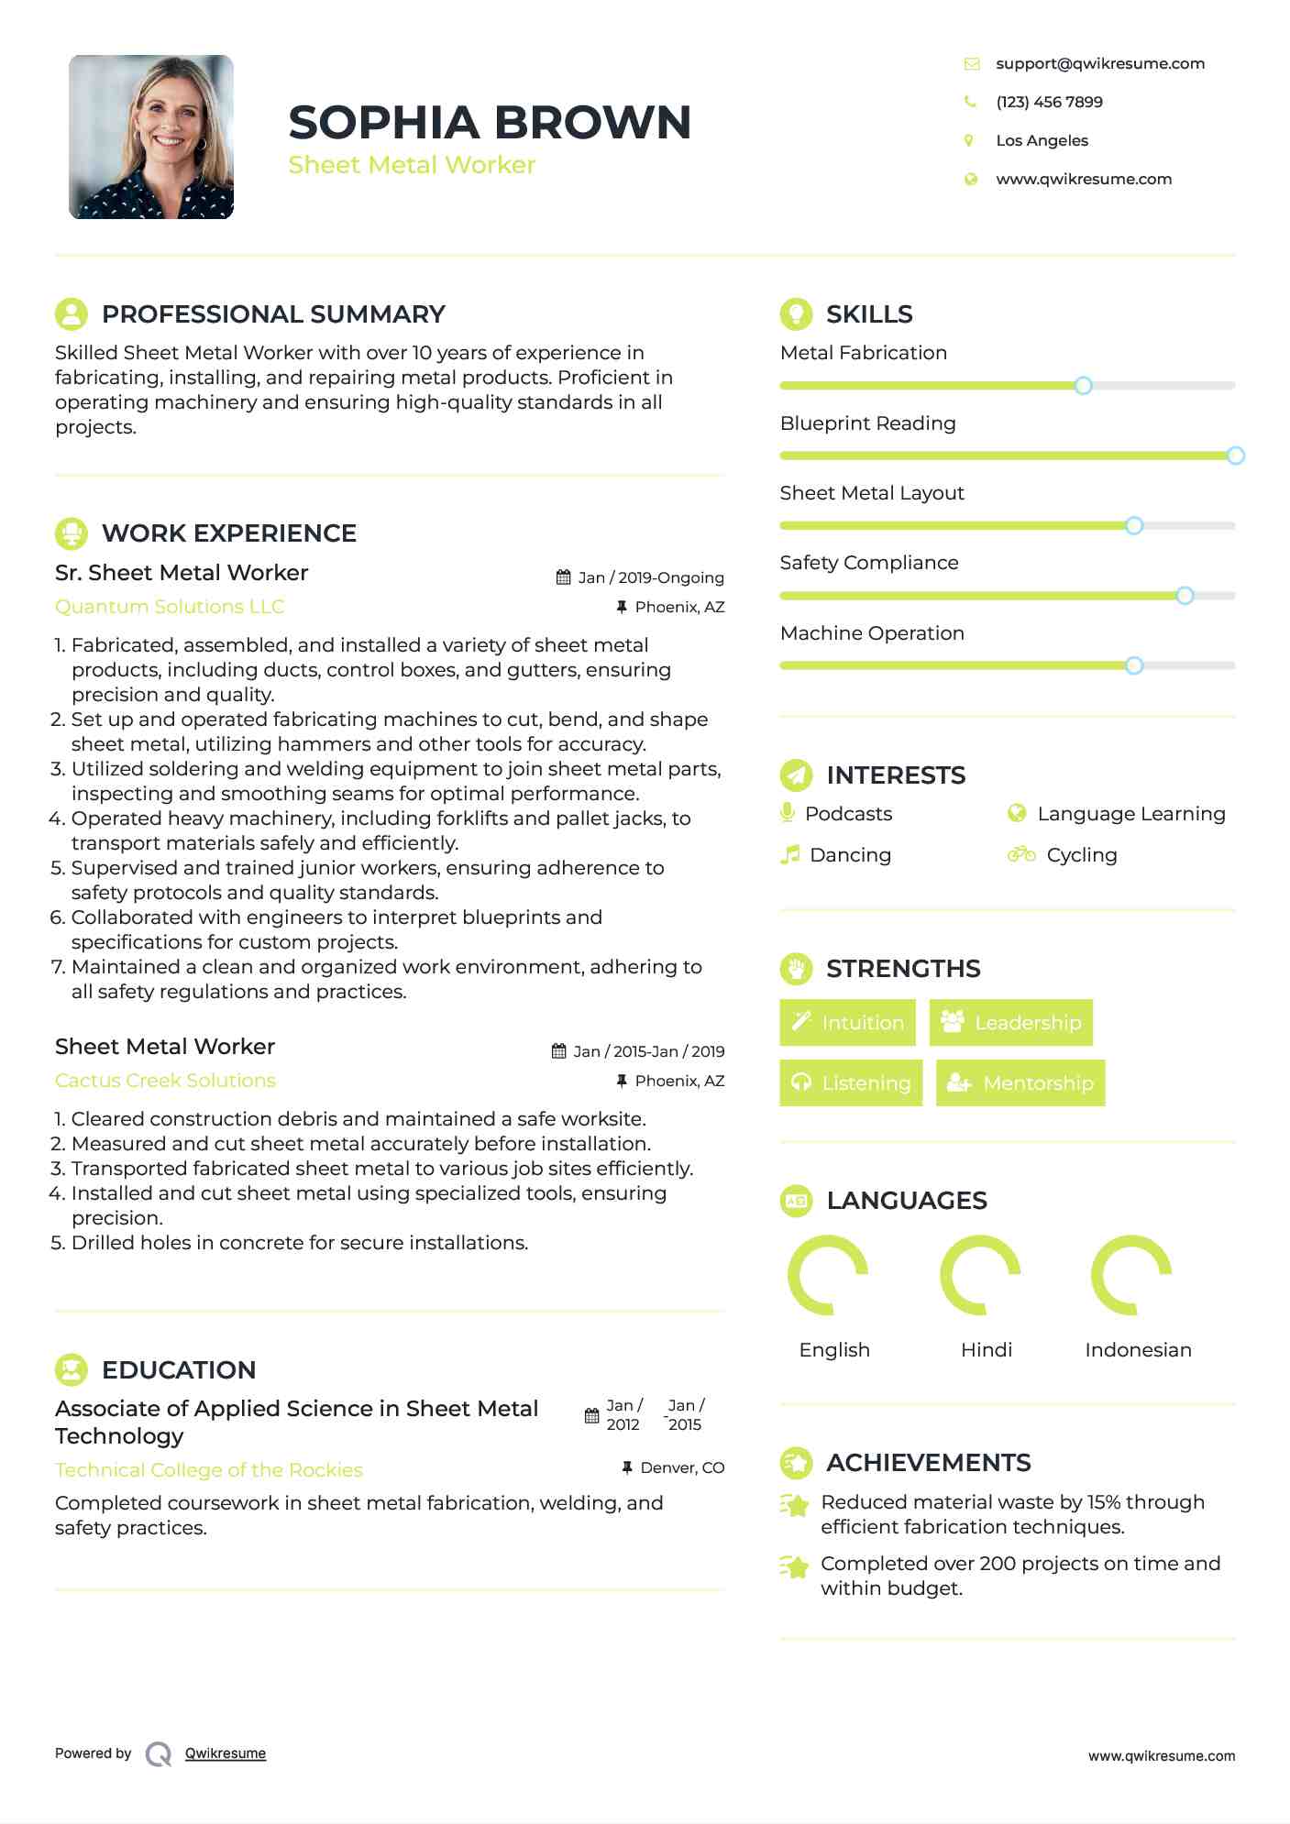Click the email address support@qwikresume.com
[1099, 63]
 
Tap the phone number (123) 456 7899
[1049, 102]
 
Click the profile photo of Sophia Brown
[151, 137]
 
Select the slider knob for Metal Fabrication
[1083, 386]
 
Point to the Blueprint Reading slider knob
[1235, 456]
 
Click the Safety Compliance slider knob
[1185, 596]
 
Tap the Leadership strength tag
[1011, 1022]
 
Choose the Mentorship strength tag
[1020, 1082]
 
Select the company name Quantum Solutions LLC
[170, 607]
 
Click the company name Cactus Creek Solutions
[165, 1081]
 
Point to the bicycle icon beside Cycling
[1021, 854]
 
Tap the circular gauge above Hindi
[980, 1275]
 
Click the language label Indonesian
[1138, 1349]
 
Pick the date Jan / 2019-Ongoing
[650, 577]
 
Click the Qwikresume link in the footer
[226, 1753]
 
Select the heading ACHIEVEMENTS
[928, 1462]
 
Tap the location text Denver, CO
[682, 1467]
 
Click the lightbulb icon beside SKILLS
[796, 313]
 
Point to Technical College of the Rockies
[209, 1470]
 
